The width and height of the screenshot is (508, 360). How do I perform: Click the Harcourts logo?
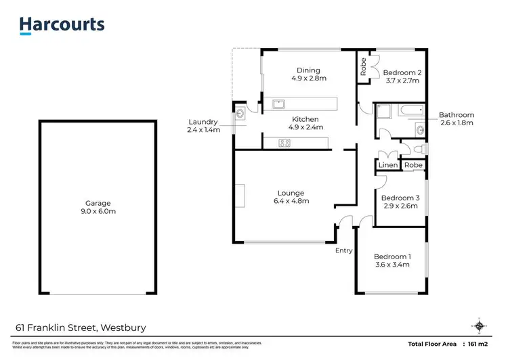[62, 25]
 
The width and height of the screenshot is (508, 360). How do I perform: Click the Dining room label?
[308, 74]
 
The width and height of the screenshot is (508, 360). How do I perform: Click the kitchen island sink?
[278, 104]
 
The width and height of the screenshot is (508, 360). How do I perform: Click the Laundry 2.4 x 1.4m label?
[205, 125]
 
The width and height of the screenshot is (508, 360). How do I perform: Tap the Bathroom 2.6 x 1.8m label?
[457, 119]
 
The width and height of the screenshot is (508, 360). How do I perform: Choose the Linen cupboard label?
[388, 165]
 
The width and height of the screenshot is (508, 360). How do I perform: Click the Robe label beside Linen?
[413, 165]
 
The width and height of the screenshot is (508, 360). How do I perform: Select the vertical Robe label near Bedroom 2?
[364, 67]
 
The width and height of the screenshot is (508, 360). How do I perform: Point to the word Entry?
[344, 250]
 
